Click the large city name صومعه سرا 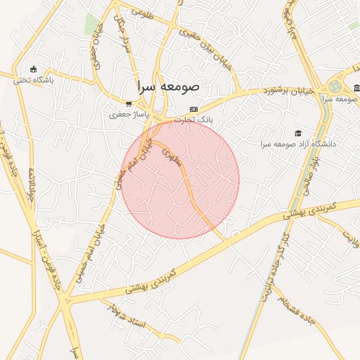pos(169,86)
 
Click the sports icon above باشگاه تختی pos(34,69)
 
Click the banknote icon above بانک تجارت pos(195,109)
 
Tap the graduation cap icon pos(298,133)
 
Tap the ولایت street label pos(350,241)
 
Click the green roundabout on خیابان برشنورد pos(335,86)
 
